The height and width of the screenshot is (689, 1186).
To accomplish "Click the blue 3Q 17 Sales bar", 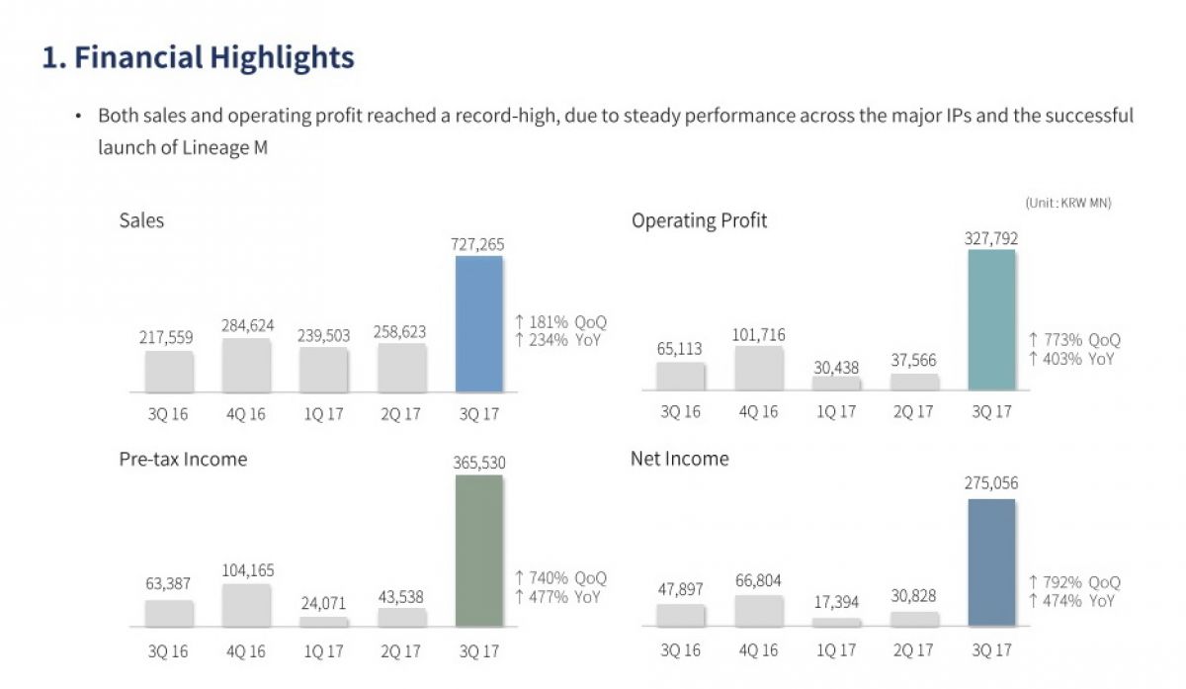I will [478, 324].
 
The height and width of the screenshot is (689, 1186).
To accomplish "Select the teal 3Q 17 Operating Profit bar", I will [991, 320].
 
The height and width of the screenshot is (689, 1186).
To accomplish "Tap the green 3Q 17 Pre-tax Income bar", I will [478, 551].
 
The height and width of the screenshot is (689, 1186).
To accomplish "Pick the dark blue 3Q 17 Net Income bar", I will [991, 562].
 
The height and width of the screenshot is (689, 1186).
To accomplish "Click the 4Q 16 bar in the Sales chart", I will [246, 366].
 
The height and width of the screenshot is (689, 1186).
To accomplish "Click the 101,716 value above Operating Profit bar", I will [760, 335].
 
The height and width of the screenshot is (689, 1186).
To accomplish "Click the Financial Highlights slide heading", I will [198, 57].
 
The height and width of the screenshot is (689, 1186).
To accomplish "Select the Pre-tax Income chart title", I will [183, 460].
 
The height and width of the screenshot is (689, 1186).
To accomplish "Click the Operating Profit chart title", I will [699, 220].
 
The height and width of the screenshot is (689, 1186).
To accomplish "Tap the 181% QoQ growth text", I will [560, 322].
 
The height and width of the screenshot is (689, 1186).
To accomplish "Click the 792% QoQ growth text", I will [1074, 582].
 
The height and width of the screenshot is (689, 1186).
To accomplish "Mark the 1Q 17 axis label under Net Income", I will [836, 651].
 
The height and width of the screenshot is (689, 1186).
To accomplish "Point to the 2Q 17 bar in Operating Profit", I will [914, 382].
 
